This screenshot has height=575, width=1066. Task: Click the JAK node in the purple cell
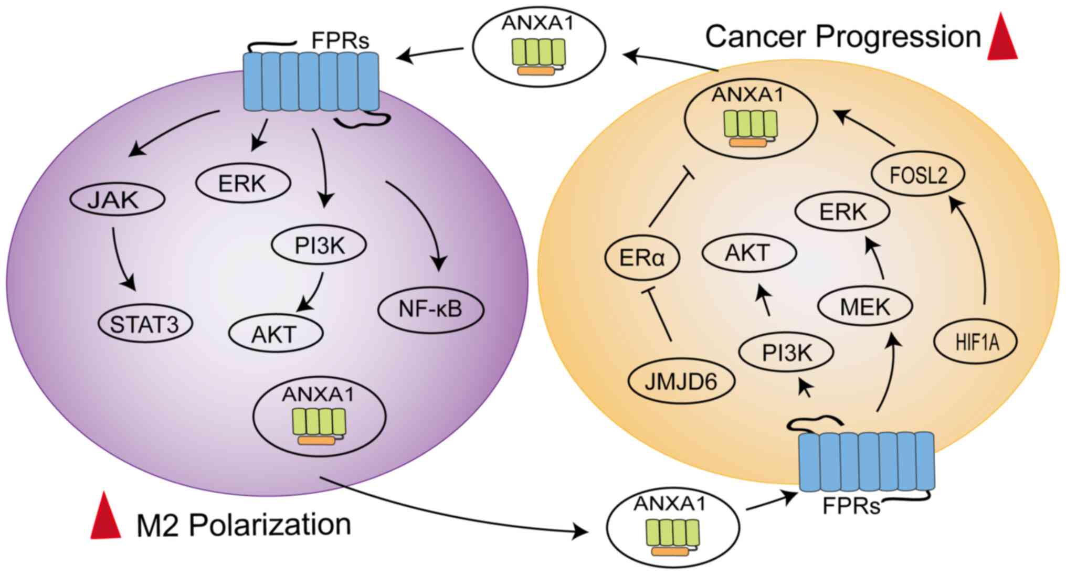[117, 199]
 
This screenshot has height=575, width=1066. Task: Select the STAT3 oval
[145, 324]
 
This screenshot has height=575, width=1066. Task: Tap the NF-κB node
[430, 309]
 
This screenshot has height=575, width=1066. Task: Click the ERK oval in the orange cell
[842, 212]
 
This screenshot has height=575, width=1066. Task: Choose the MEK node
[866, 306]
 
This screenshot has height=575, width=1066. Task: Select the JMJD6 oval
[681, 381]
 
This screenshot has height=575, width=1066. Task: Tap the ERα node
[642, 258]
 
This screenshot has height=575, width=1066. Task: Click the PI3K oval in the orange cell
[786, 353]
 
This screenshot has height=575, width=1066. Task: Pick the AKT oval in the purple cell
[276, 334]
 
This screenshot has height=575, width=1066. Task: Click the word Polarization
[270, 524]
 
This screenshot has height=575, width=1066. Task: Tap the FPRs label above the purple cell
[340, 40]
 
